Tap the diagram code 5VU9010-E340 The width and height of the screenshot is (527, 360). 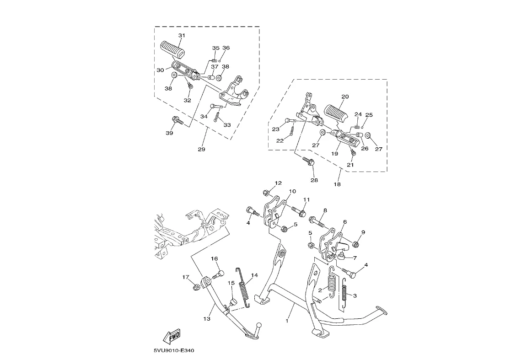pos(174,350)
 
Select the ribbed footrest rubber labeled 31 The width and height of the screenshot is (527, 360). pos(173,50)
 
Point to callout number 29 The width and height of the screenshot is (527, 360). pos(201,149)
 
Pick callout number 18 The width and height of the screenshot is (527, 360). pos(337,184)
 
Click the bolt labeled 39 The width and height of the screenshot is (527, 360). pos(177,120)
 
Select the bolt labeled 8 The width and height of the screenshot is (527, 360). pos(317,221)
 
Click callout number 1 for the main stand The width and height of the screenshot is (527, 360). pos(287,321)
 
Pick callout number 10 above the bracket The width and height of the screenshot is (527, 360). pos(292,191)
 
